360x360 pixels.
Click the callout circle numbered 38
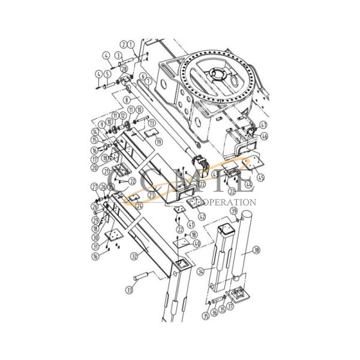point(256,250)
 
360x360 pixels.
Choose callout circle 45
point(260,177)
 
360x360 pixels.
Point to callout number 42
point(202,216)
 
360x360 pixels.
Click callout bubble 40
point(197,244)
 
